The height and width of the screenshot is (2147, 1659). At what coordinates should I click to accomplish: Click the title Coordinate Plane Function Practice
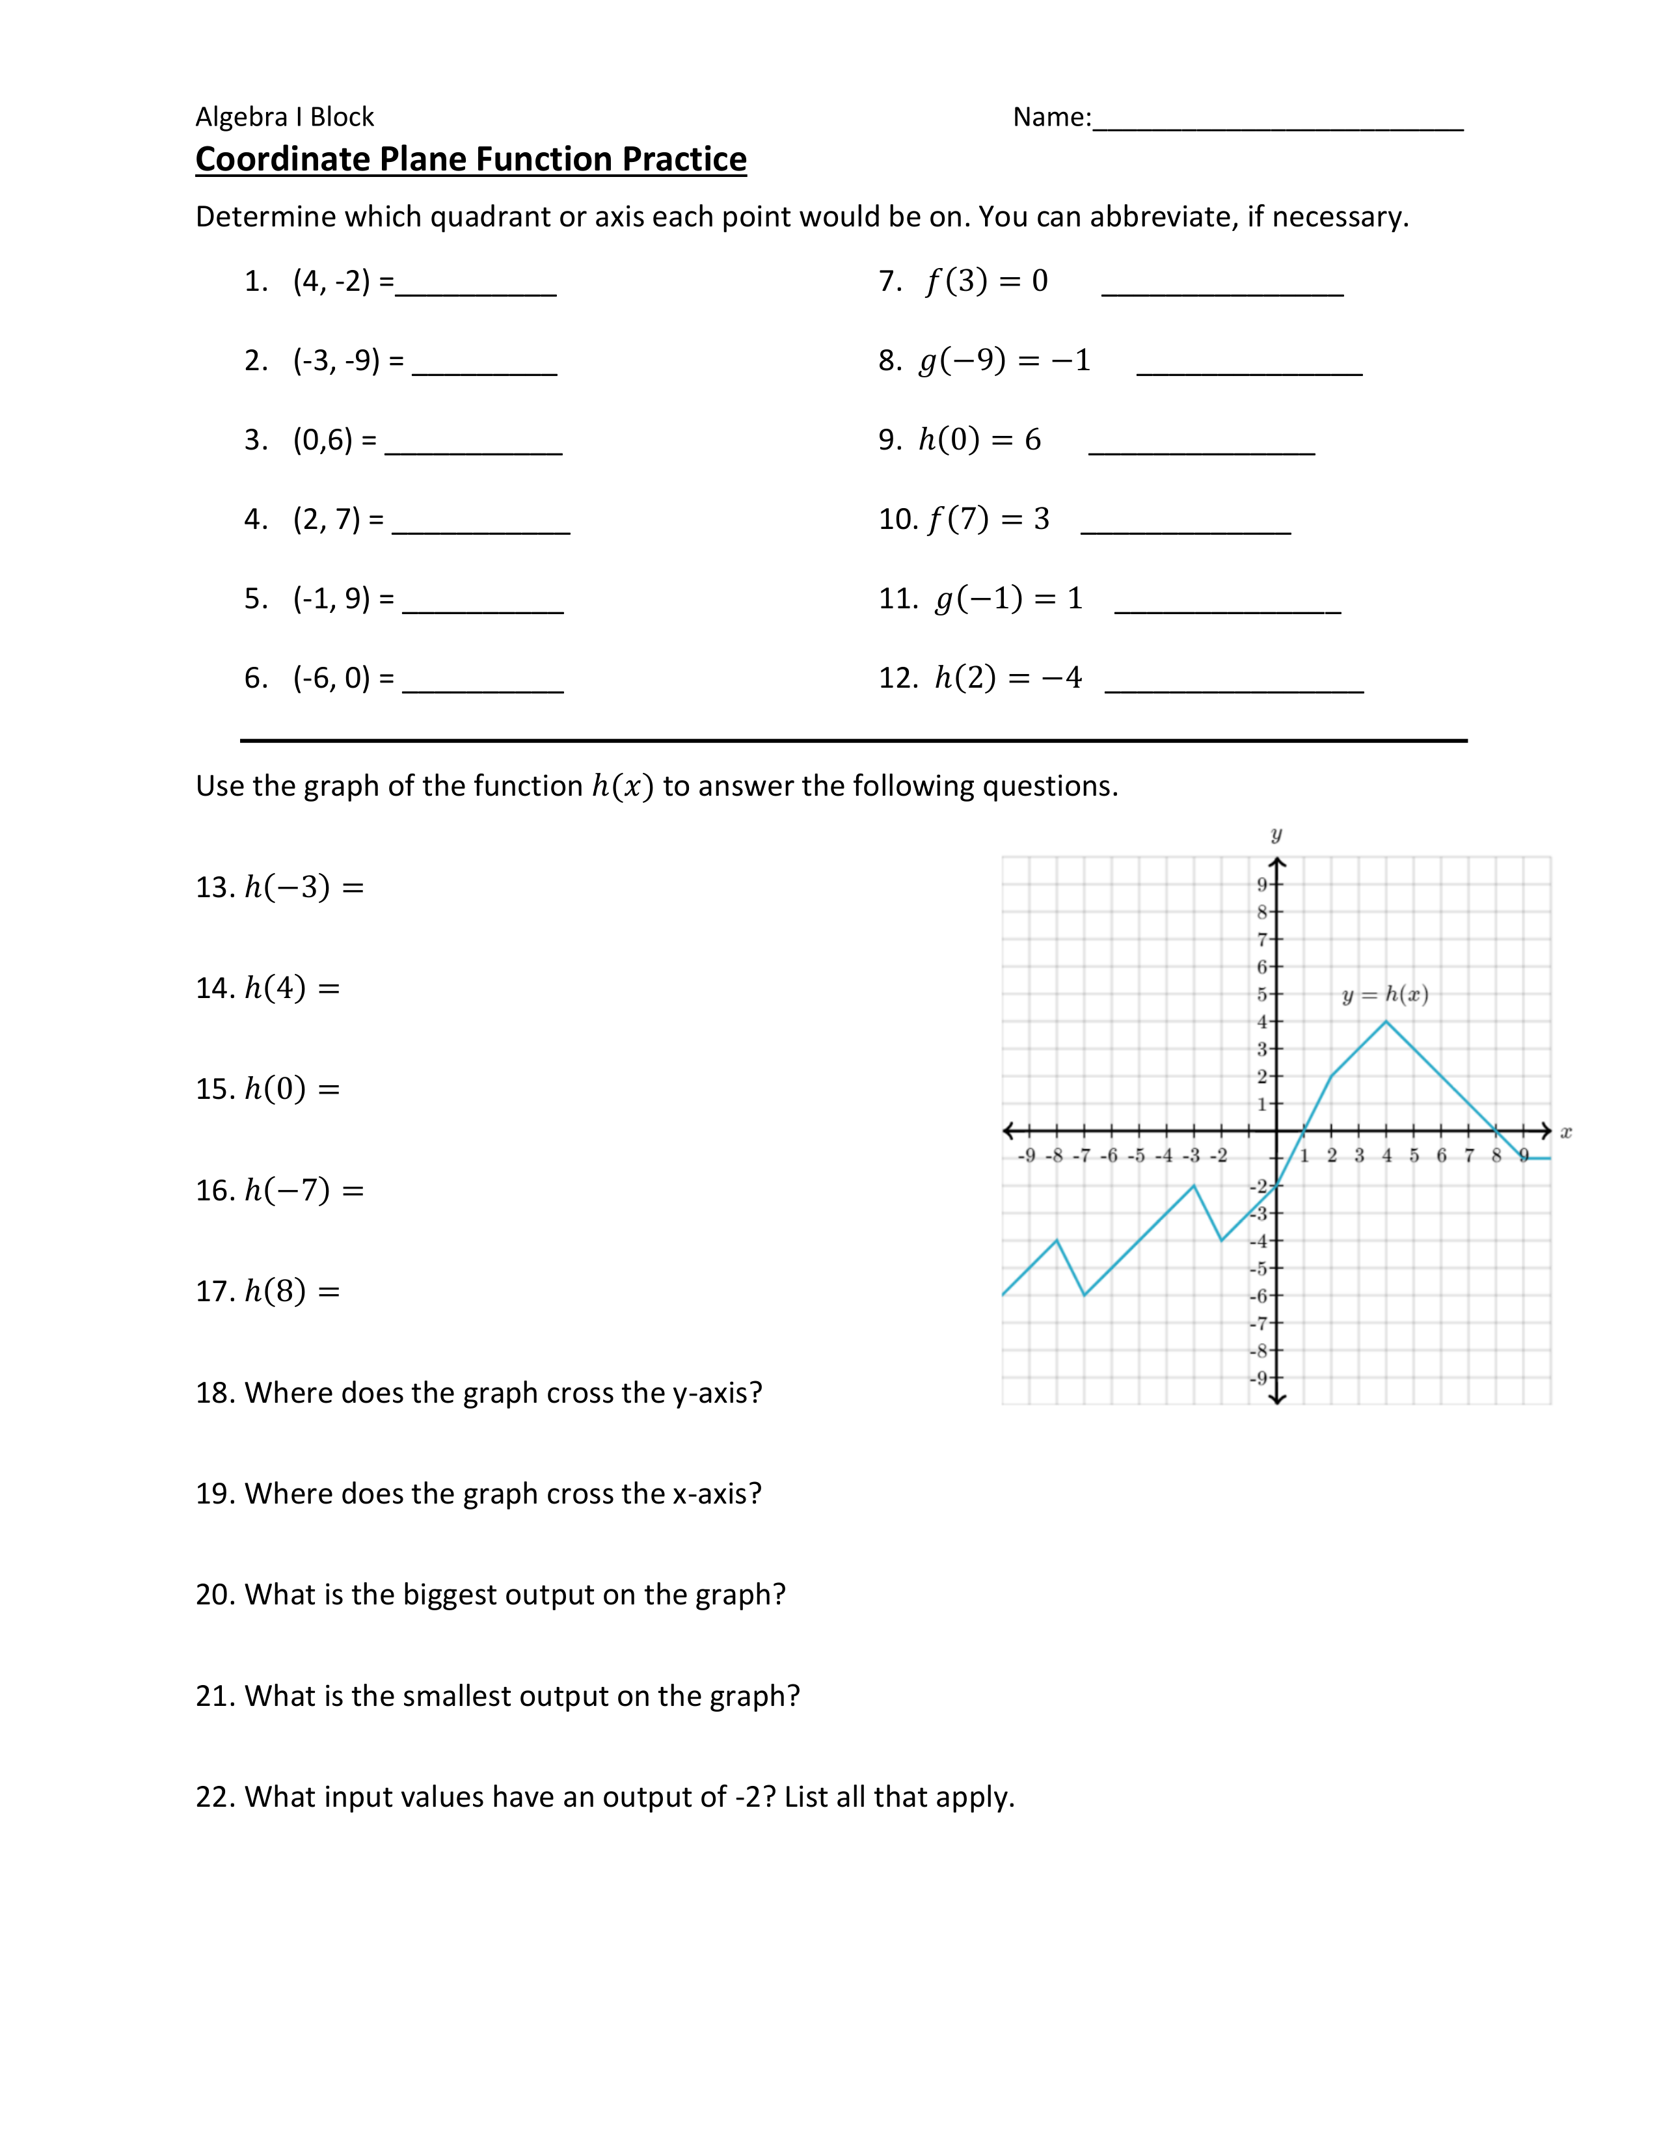(471, 159)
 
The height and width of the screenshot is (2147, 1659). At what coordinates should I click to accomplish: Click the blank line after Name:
(1278, 120)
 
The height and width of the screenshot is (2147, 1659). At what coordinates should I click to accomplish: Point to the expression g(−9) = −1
(1003, 361)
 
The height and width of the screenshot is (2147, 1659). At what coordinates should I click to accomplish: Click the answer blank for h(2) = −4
(1234, 681)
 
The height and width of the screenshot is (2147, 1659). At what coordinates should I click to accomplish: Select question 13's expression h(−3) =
(304, 887)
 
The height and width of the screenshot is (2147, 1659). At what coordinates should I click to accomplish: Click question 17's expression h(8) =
(292, 1291)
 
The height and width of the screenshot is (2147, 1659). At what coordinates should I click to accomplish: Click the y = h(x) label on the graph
(1385, 995)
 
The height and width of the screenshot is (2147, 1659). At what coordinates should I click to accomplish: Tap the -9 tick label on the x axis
(1025, 1156)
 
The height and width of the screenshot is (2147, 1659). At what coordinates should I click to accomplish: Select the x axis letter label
(1565, 1133)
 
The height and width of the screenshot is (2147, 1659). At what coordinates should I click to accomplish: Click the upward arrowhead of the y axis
(1276, 864)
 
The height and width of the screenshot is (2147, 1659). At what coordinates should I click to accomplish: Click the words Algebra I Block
(285, 117)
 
